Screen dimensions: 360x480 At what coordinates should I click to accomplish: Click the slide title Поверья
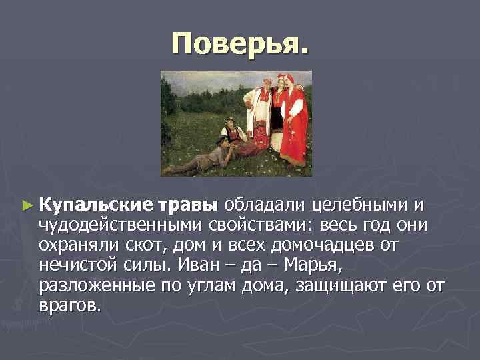tap(240, 43)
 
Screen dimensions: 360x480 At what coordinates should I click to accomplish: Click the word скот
tap(145, 245)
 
